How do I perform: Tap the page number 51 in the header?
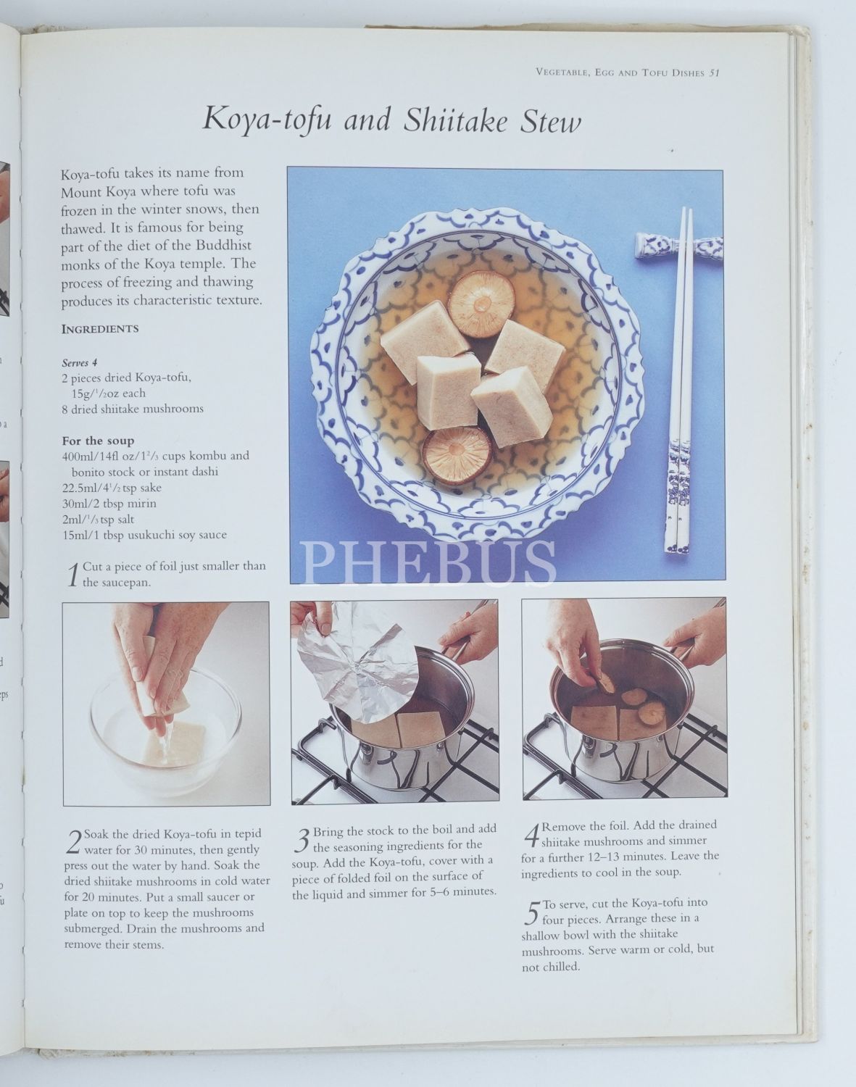tap(714, 72)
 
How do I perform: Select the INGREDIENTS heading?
tap(100, 329)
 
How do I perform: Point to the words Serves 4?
tap(79, 362)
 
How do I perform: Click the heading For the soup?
tap(98, 441)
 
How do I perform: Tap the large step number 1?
tap(73, 575)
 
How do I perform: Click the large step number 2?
tap(74, 841)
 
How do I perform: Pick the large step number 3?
tap(302, 840)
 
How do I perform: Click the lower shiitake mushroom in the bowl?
tap(457, 456)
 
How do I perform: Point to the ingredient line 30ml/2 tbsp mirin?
tap(109, 504)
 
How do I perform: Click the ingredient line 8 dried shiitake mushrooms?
tap(133, 409)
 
